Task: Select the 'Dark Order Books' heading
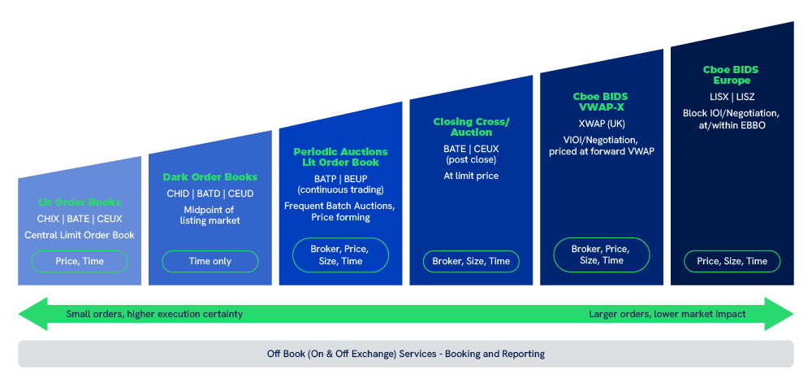210,176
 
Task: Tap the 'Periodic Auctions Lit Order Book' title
340,157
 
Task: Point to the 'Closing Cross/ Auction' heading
471,127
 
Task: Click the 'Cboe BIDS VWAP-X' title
601,102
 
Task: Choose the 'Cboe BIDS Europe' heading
732,76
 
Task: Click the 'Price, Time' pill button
80,261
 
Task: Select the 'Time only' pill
210,261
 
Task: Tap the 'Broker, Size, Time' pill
471,261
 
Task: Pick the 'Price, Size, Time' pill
732,261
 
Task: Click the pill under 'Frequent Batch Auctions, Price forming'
340,255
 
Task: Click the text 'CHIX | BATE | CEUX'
80,219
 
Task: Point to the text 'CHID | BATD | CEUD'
210,193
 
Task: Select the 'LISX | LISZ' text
732,97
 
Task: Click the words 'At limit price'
471,175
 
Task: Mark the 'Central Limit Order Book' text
80,235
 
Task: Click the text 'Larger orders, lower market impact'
667,314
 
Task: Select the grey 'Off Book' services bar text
406,354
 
